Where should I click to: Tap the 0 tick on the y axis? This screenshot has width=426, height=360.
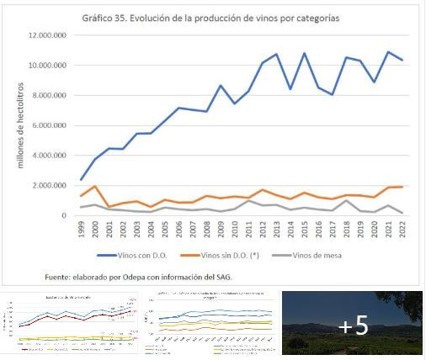tap(64, 216)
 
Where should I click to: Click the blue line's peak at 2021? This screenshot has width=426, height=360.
tap(388, 52)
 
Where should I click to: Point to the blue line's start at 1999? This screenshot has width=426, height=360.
tap(81, 180)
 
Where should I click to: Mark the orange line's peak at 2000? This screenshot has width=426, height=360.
tap(95, 187)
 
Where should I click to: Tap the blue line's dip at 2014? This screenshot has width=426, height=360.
tap(290, 89)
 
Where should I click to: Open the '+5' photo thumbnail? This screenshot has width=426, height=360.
tap(352, 325)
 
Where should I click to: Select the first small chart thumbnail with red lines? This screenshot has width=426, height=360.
tap(71, 325)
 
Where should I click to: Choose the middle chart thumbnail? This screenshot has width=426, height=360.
tap(210, 325)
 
